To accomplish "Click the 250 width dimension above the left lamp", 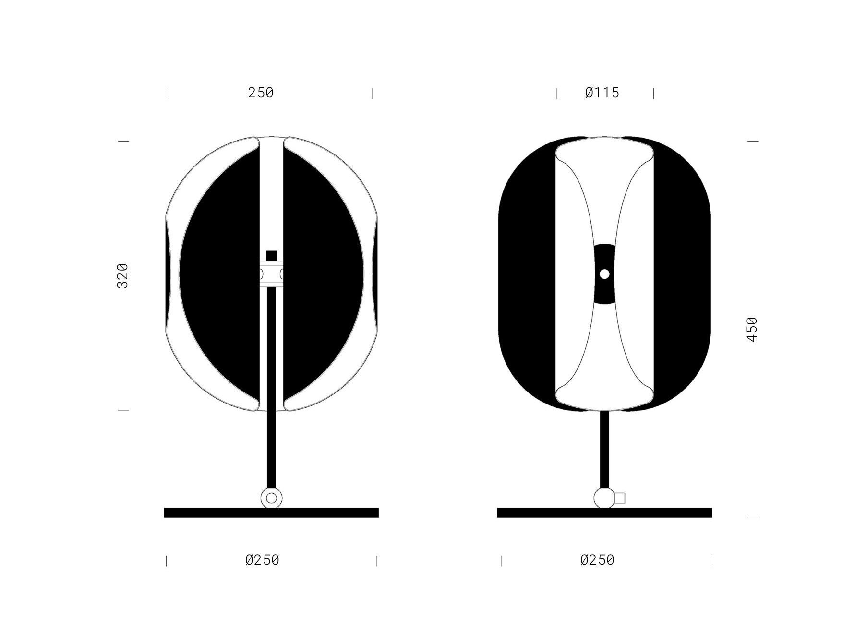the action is (x=261, y=93).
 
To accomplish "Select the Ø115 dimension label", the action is (x=602, y=93).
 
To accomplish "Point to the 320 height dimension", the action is (x=123, y=275).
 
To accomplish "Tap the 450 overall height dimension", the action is (x=752, y=329).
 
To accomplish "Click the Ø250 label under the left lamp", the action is (x=262, y=560).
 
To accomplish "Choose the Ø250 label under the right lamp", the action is (x=597, y=560).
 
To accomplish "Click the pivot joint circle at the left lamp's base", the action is (x=271, y=498).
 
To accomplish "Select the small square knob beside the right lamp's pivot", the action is (x=620, y=498).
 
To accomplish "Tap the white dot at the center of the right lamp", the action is (x=604, y=274).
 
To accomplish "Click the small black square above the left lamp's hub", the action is (x=272, y=256).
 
